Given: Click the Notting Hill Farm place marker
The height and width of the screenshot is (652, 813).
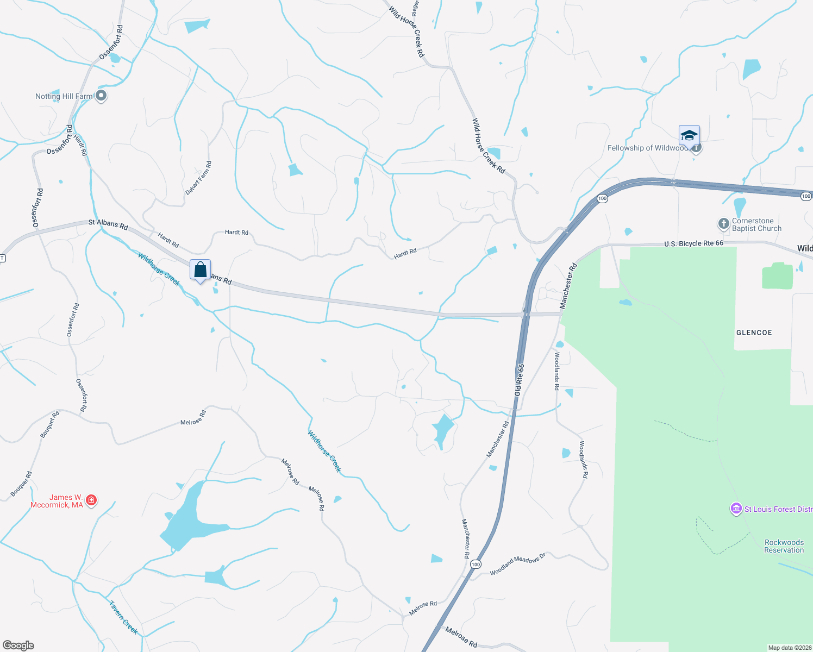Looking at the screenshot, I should coord(101,96).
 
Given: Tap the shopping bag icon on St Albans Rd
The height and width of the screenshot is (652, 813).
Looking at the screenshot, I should coord(200,269).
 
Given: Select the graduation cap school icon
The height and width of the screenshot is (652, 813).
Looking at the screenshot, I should coord(689,135).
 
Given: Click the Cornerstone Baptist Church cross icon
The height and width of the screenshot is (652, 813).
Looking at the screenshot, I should coord(723,224).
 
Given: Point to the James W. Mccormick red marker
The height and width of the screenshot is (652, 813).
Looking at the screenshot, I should coord(91,500).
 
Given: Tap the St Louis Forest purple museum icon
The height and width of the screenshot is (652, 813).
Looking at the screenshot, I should coord(736,509).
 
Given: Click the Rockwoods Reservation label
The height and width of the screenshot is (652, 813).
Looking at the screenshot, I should coord(784,546).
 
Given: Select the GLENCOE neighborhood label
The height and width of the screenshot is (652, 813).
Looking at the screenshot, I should coord(754,333).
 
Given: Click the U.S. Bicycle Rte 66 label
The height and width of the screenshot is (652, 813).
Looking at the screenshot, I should coord(693,243).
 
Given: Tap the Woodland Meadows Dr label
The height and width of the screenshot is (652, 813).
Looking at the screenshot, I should coord(517,565).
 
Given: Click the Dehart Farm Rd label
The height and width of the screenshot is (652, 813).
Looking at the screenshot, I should coord(198,178).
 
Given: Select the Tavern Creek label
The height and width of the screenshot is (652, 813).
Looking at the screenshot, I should coord(123,617).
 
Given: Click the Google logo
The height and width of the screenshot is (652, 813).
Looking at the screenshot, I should coord(18,645).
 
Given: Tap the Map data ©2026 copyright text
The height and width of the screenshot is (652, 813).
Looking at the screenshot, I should coord(789,648).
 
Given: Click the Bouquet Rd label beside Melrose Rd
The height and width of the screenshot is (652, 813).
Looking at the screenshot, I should coord(50,424).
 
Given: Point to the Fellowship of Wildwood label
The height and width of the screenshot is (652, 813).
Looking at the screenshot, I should coord(647,148).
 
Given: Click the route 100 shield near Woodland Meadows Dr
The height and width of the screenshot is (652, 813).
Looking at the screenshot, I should coord(476,565).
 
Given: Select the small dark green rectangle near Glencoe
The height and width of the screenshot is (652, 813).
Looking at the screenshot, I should coord(777,276).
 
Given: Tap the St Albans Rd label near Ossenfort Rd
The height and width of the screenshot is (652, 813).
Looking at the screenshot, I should coord(108,224).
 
